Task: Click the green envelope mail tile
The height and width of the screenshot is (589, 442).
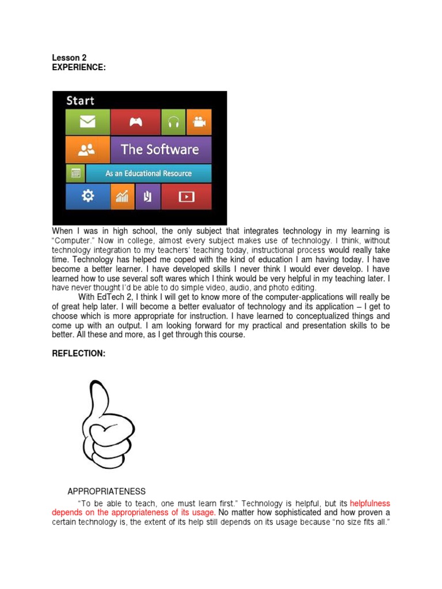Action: pyautogui.click(x=87, y=122)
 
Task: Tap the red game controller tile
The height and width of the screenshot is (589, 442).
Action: pyautogui.click(x=135, y=122)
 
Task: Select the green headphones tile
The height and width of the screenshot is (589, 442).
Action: pyautogui.click(x=173, y=122)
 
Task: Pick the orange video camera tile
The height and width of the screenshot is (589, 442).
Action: pyautogui.click(x=199, y=122)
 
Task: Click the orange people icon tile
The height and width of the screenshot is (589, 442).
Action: pyautogui.click(x=87, y=150)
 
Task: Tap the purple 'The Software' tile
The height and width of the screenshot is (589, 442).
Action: pyautogui.click(x=161, y=150)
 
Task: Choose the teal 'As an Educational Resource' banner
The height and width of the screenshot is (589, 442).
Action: pyautogui.click(x=148, y=173)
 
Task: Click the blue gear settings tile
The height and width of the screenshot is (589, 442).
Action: pyautogui.click(x=87, y=196)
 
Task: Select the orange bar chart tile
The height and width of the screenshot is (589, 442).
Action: pyautogui.click(x=123, y=196)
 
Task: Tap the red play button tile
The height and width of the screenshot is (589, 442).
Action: pyautogui.click(x=186, y=196)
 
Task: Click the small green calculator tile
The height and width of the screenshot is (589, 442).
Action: pyautogui.click(x=75, y=173)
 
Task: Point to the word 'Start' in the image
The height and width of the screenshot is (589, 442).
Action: pyautogui.click(x=80, y=101)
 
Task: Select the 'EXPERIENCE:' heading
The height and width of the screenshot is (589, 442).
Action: pyautogui.click(x=79, y=67)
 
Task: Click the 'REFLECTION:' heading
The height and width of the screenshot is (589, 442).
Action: pyautogui.click(x=79, y=354)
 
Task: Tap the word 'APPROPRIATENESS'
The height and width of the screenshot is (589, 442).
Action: pyautogui.click(x=106, y=491)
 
